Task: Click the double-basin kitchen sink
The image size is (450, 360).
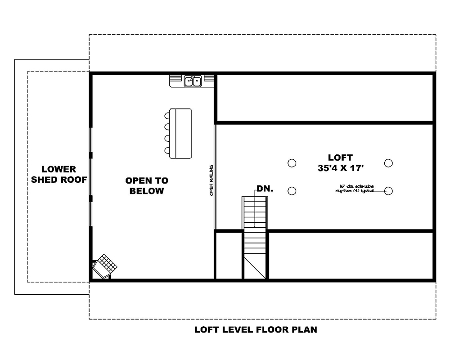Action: tap(193, 81)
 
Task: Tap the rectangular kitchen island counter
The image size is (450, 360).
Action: tap(180, 133)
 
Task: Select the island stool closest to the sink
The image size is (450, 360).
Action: tap(167, 115)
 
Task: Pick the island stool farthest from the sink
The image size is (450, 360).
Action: tap(167, 150)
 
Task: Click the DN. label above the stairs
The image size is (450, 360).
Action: tap(265, 189)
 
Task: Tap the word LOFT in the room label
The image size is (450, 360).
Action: tap(340, 157)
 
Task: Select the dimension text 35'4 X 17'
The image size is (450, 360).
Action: tap(340, 168)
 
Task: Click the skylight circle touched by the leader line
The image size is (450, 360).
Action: tap(389, 191)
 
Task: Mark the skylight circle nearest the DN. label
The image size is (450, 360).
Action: tap(292, 191)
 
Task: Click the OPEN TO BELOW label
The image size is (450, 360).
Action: tap(147, 186)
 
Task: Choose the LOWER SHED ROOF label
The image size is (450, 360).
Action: tap(59, 175)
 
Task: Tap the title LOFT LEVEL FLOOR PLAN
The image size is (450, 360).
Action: tap(256, 330)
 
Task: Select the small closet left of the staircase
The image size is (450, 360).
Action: tap(229, 256)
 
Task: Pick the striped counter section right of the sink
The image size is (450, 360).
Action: tap(208, 79)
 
